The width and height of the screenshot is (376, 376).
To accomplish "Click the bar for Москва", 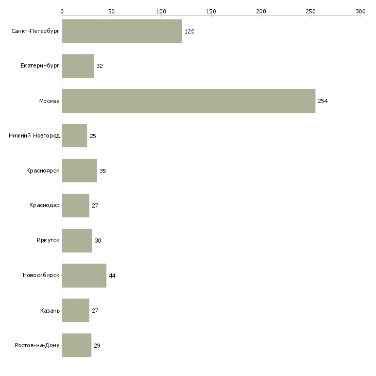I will coord(189,101).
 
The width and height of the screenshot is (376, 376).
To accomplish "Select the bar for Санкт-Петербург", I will coord(122,31).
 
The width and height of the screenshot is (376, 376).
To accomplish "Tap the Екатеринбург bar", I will coord(78,66).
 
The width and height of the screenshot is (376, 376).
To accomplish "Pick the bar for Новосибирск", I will coord(84,276).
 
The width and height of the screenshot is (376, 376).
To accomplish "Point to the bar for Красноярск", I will coord(79,171).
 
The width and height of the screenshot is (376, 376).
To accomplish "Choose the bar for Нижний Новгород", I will coord(75,136).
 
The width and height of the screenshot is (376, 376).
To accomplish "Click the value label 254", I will coord(323,101).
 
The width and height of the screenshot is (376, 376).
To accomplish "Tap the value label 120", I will coord(190,31).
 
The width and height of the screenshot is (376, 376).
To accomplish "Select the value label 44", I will coord(112,276).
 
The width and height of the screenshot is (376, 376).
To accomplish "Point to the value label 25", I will coord(93,136).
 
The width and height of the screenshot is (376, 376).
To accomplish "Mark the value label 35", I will coord(102,171).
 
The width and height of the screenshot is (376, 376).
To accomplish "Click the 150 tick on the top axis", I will coord(211,11).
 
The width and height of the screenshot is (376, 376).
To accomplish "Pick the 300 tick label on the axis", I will coord(361,11).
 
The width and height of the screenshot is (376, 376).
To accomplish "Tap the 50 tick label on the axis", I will coord(112,11).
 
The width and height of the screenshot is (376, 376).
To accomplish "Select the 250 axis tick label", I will coord(311,11).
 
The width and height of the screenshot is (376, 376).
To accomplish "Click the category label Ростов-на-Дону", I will coord(38,345).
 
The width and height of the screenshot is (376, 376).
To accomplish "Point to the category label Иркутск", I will coord(48,241).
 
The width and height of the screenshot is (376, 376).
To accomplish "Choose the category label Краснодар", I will coord(45,206).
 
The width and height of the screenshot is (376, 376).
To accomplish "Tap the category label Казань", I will coord(50,311).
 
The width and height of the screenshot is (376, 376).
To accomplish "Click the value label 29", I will coord(97,346).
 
